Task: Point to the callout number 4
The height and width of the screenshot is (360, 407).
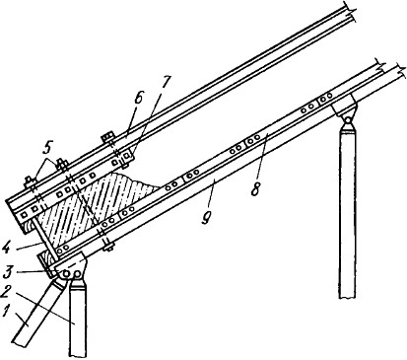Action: (6, 247)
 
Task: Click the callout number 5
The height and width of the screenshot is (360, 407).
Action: (48, 150)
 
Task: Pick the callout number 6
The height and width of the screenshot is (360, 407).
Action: (138, 99)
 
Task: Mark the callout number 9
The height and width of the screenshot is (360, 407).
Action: (206, 218)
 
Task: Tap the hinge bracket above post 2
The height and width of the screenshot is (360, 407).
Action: (70, 268)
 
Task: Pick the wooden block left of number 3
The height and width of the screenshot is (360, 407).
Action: (45, 263)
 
